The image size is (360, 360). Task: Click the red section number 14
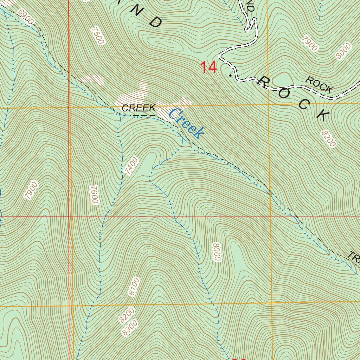click(x=208, y=67)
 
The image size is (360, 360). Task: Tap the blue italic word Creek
click(x=186, y=123)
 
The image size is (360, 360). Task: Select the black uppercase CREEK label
click(x=139, y=108)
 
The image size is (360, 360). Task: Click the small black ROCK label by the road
click(x=319, y=85)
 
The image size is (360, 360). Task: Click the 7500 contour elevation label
click(x=97, y=36)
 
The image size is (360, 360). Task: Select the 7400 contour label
click(x=131, y=166)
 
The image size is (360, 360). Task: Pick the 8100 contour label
click(x=134, y=287)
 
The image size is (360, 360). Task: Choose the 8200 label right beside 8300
click(x=127, y=315)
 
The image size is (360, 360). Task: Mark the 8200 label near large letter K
click(x=328, y=138)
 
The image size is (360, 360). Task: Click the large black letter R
click(x=263, y=82)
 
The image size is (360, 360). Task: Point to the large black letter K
click(x=322, y=115)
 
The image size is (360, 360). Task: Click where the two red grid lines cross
click(x=69, y=217)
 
